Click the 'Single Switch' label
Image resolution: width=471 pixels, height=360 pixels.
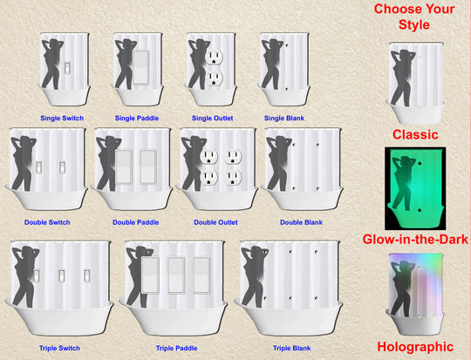[62, 118]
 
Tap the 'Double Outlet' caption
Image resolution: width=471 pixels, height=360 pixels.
[215, 222]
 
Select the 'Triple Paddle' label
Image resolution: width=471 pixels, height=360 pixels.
[176, 348]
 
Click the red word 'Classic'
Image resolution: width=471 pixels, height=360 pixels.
[415, 134]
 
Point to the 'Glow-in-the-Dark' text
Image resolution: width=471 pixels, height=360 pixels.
[415, 239]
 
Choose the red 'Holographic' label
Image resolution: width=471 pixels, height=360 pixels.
[415, 346]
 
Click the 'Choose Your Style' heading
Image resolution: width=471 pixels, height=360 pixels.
[414, 17]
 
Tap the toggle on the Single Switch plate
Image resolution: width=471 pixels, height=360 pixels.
[68, 68]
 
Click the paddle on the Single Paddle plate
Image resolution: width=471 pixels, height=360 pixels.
[141, 67]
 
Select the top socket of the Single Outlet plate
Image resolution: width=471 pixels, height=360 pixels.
[214, 57]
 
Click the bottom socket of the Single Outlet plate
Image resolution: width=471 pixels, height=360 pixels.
[215, 78]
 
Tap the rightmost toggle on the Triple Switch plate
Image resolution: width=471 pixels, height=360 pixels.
[87, 276]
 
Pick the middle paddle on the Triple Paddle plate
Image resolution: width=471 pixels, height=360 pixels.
[176, 275]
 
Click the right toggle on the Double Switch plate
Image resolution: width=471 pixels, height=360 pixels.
[63, 167]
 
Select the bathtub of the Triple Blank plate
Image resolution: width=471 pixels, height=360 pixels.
[289, 318]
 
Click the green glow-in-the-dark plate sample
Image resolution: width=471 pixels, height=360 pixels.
[415, 188]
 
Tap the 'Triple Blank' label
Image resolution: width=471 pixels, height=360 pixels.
[291, 348]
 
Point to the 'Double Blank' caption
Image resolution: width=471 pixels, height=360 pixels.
[301, 222]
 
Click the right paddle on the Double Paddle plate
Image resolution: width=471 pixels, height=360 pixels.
[148, 166]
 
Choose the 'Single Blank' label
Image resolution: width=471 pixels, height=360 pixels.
[284, 118]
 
